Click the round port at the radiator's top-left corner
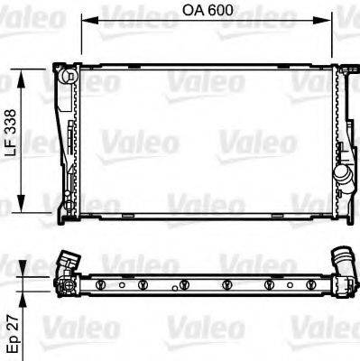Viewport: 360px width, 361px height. [65, 77]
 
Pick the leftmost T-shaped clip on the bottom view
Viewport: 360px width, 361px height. [101, 286]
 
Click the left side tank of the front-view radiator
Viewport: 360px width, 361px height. [68, 144]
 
